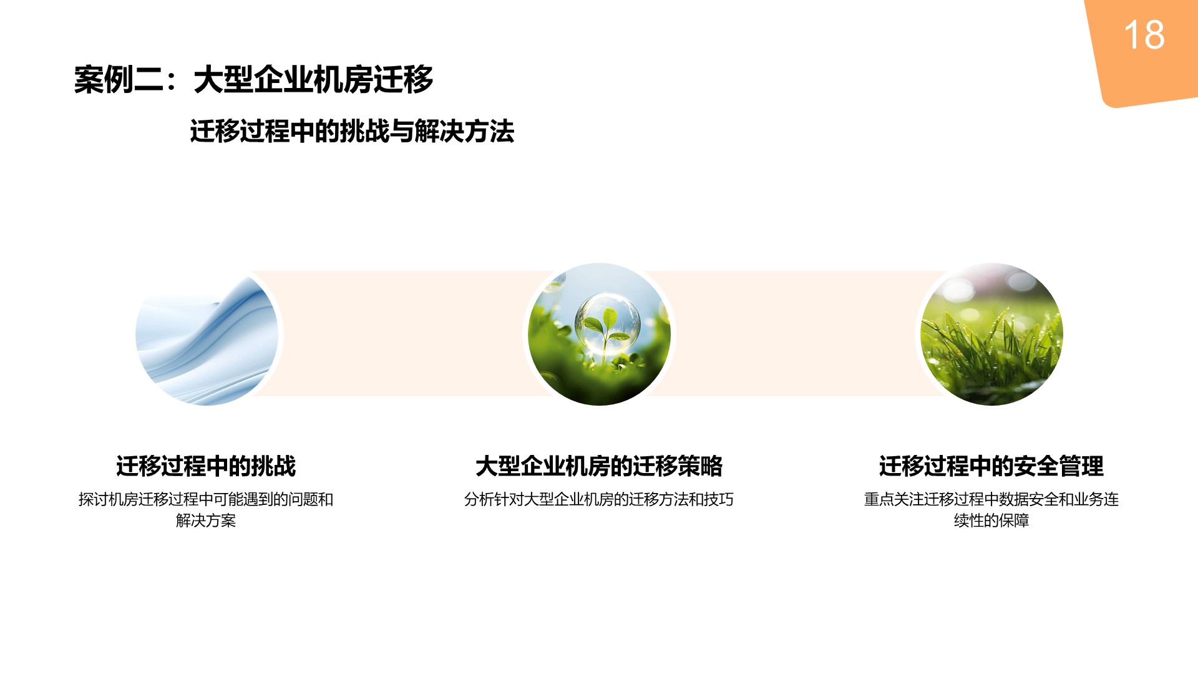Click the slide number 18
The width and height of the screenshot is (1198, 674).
1144,35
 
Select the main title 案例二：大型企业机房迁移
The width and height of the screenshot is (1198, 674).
253,80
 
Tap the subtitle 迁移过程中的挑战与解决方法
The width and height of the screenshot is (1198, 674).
352,132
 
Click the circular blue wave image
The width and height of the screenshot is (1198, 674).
207,335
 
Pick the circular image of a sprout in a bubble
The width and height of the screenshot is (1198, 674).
599,335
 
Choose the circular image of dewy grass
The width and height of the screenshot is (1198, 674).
991,335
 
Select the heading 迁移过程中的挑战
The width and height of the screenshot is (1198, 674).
206,466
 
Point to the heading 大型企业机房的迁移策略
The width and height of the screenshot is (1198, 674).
599,466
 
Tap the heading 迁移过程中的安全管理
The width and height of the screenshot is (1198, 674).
991,466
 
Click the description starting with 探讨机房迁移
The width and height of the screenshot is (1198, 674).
206,510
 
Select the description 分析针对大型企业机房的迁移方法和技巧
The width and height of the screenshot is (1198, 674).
599,499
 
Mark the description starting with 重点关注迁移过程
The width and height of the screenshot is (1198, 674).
991,510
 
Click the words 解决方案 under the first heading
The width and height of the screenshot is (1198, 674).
206,520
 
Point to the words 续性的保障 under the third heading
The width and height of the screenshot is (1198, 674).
991,520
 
